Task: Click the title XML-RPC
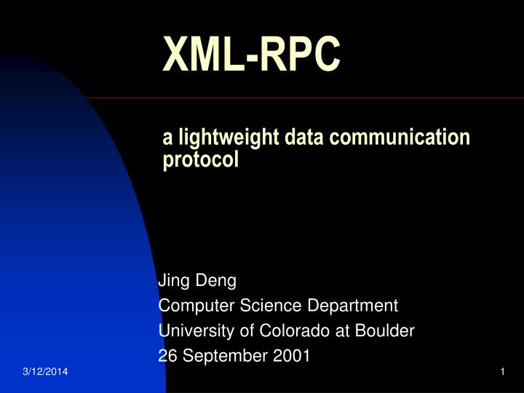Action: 250,55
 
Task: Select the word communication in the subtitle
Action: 413,137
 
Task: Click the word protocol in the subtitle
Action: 200,159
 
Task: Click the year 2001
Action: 293,356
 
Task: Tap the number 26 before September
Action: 167,356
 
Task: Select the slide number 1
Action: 502,373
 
